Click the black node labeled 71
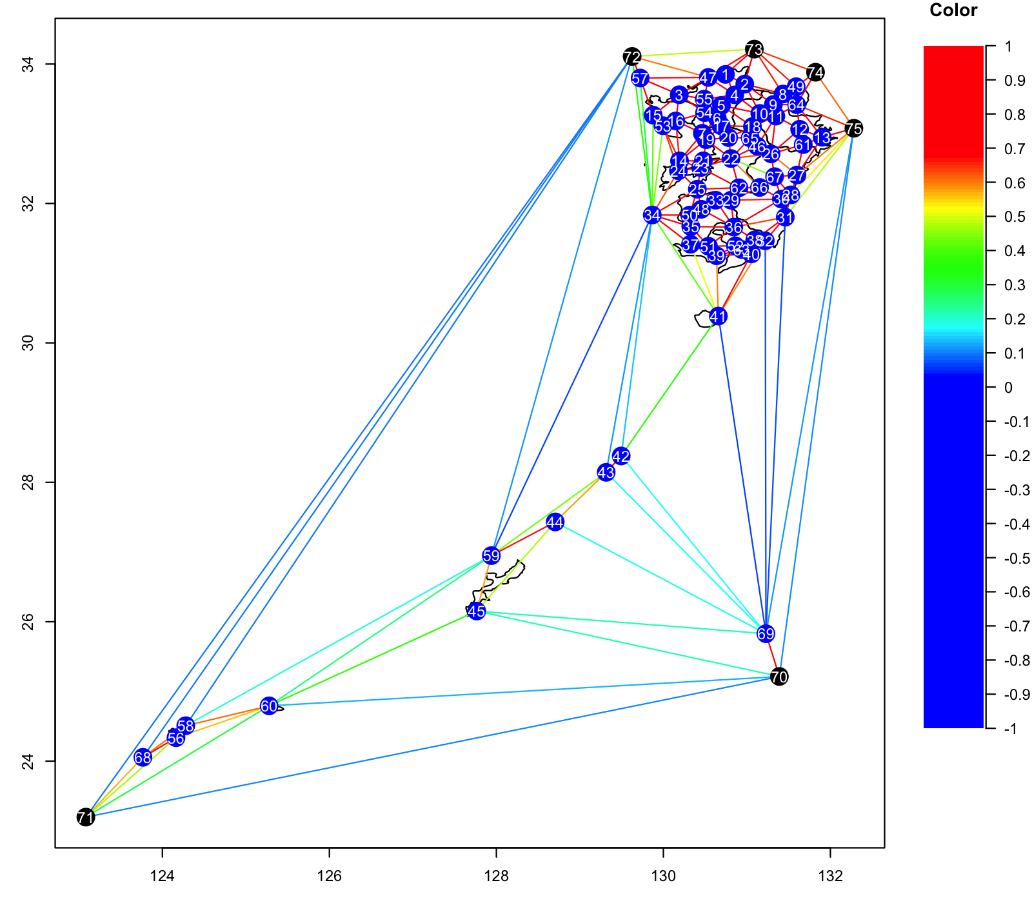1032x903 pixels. point(86,817)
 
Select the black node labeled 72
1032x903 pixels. point(632,57)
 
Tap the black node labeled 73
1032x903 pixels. point(754,49)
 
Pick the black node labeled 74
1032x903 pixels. point(816,72)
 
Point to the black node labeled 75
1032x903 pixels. point(853,128)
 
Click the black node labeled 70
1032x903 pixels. point(779,677)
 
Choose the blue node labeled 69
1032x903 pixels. point(766,633)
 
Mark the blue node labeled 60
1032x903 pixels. point(269,706)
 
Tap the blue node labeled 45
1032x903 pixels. point(477,611)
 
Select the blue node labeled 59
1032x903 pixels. point(491,555)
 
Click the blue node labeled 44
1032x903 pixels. point(555,522)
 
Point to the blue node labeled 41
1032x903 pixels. point(718,316)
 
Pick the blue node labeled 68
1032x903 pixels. point(143,757)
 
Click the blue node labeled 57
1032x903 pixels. point(640,79)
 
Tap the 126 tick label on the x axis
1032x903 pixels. point(330,877)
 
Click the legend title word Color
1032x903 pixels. point(953,10)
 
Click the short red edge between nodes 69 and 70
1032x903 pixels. point(773,655)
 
